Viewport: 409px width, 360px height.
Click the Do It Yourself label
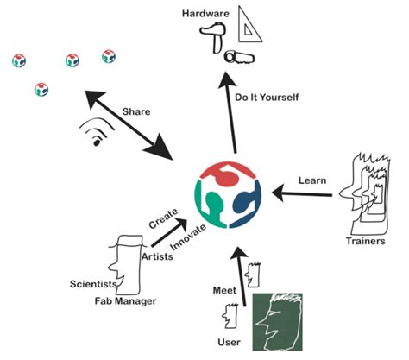click(267, 98)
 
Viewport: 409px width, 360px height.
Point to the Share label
click(135, 111)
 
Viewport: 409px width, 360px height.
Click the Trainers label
click(362, 240)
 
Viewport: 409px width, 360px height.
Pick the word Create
click(163, 224)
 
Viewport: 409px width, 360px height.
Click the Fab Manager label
click(125, 301)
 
